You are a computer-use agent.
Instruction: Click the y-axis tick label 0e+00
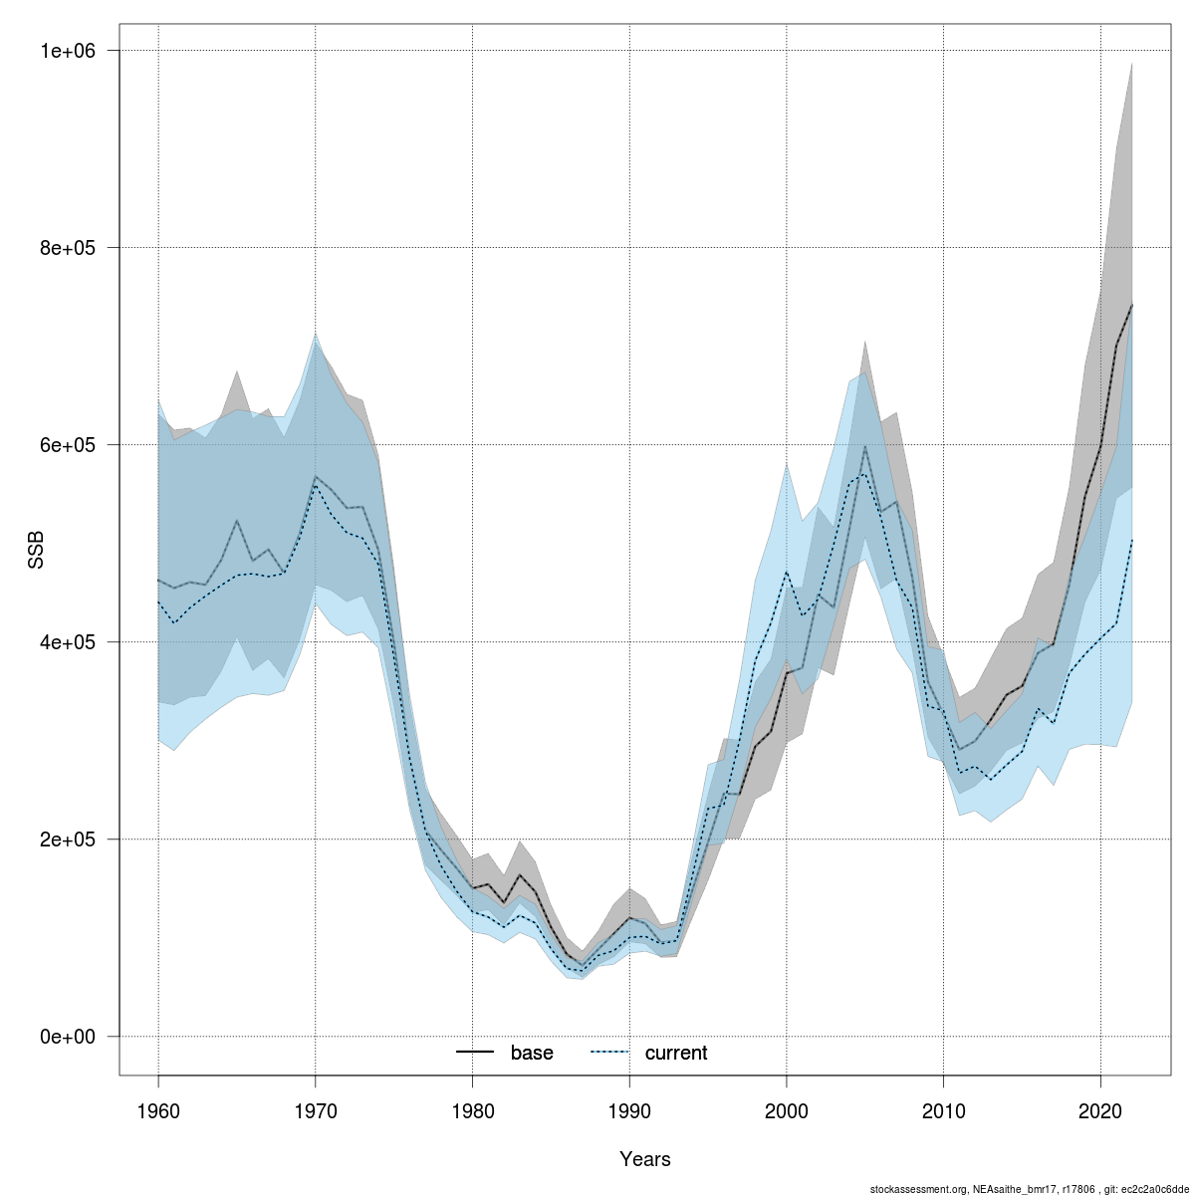(66, 1037)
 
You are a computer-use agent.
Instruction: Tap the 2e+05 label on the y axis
(66, 839)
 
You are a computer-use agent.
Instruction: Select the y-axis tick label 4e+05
(66, 642)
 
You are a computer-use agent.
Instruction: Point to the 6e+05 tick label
(66, 445)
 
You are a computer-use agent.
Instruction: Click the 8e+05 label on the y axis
(66, 248)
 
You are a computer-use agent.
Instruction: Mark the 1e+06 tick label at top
(66, 51)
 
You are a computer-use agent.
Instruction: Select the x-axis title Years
(645, 1159)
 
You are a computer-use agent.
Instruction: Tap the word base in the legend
(532, 1053)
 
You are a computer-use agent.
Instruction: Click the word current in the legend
(676, 1053)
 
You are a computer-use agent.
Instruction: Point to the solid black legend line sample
(475, 1053)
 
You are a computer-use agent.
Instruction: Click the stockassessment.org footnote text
(1030, 1188)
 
